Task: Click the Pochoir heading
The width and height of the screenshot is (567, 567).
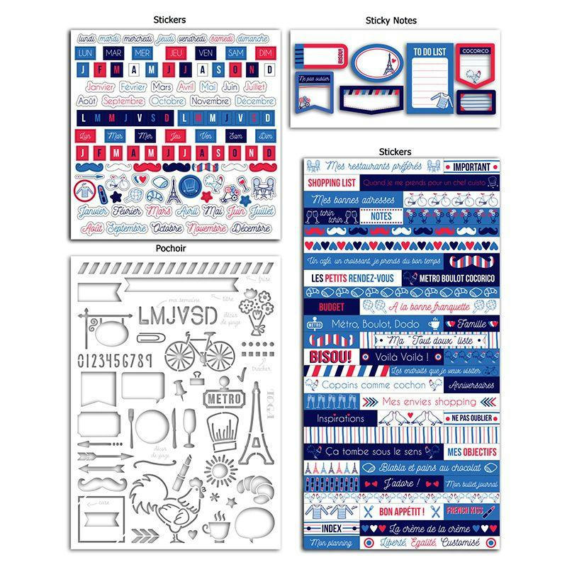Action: click(174, 249)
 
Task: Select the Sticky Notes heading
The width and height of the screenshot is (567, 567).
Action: click(391, 21)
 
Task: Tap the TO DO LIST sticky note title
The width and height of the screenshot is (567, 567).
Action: click(430, 52)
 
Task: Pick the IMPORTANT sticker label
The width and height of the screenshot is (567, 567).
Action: click(471, 167)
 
